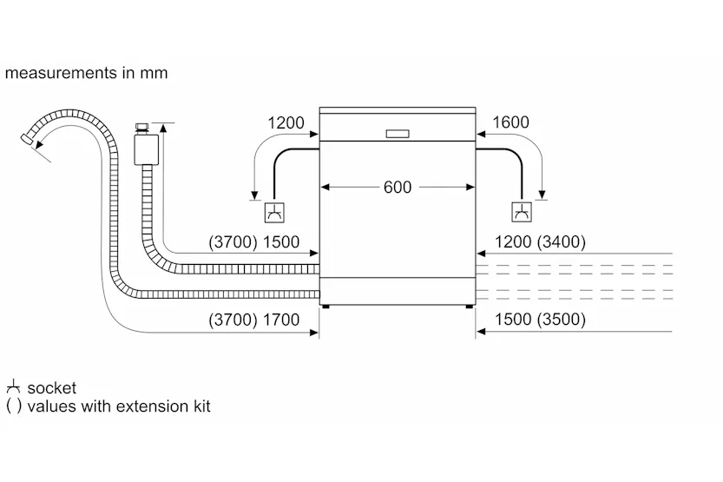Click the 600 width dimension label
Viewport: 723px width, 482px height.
click(397, 188)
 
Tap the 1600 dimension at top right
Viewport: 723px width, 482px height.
click(510, 122)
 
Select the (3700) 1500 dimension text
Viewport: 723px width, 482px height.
click(254, 241)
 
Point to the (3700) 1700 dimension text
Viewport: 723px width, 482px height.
click(254, 320)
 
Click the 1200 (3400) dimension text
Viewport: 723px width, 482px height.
click(540, 241)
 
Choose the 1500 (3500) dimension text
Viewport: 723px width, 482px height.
click(540, 320)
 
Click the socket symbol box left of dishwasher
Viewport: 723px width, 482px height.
click(274, 213)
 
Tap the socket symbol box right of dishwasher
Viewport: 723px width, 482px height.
click(522, 212)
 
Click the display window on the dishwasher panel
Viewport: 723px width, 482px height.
click(398, 134)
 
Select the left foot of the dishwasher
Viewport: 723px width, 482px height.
click(325, 307)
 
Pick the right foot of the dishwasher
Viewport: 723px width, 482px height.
click(470, 307)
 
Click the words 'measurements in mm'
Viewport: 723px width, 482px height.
click(86, 73)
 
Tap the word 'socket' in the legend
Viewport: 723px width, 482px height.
click(52, 388)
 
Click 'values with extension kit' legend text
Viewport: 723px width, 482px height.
click(119, 406)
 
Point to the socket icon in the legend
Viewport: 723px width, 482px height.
click(13, 386)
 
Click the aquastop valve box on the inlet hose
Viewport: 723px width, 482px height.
click(146, 149)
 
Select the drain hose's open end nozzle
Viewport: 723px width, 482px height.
click(27, 138)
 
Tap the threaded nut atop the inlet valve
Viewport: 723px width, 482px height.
click(141, 128)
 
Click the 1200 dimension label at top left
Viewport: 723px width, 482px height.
click(286, 122)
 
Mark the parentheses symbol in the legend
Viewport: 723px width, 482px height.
click(14, 406)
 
